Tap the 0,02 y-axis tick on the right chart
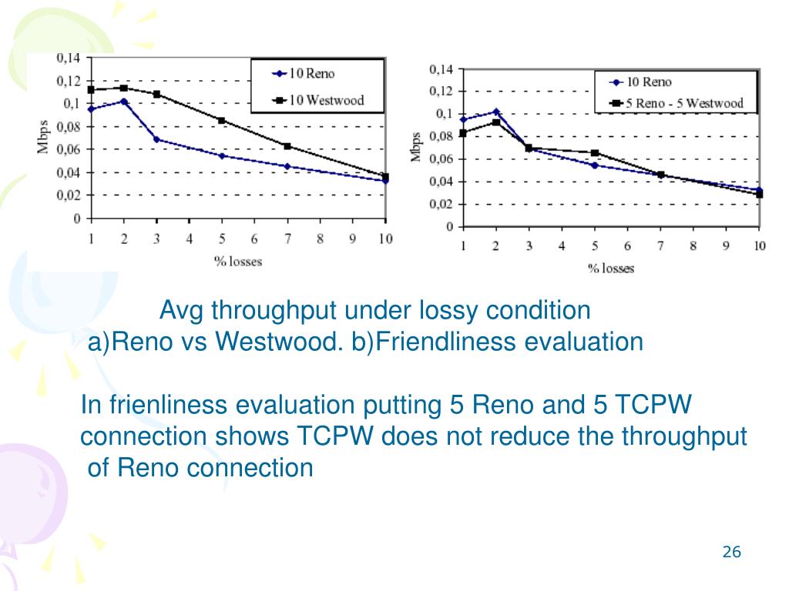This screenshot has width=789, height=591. click(442, 205)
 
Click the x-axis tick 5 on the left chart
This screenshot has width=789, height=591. click(221, 239)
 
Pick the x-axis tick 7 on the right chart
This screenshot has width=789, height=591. click(660, 246)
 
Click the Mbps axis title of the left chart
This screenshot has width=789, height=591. click(44, 138)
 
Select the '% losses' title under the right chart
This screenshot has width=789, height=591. click(611, 269)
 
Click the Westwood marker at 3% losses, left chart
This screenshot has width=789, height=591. click(156, 94)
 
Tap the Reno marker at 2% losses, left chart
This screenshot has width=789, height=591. click(123, 101)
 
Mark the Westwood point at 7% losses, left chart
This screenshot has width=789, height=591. click(287, 146)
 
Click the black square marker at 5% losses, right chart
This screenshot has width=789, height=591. click(594, 153)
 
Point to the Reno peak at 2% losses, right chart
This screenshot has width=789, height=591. click(495, 112)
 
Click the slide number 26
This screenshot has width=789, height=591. click(731, 552)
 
